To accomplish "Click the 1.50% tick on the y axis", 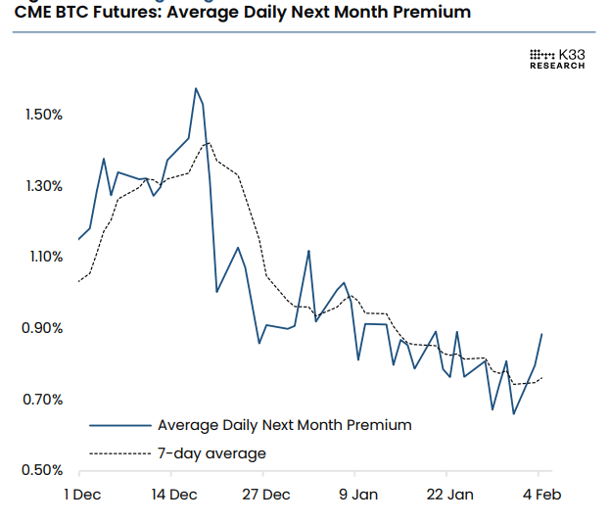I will [42, 115].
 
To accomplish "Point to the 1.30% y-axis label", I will [42, 186].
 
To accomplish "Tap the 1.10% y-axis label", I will [42, 257].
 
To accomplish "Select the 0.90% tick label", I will [42, 328].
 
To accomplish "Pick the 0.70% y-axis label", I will [42, 400].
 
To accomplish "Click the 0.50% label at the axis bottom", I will [42, 470].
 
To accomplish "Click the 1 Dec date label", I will [82, 495].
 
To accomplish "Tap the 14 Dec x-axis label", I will [174, 495].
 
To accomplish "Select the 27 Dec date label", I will [266, 495].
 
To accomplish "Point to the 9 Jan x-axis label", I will [358, 495].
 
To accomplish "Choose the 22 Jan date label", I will [449, 495].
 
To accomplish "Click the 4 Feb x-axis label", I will [540, 495].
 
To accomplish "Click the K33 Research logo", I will [557, 59].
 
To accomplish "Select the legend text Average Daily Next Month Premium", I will [284, 425].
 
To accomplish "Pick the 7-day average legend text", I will [211, 453].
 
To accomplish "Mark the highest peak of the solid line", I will [196, 88].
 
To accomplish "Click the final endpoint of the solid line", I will [541, 334].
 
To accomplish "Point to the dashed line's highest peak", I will [208, 143].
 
